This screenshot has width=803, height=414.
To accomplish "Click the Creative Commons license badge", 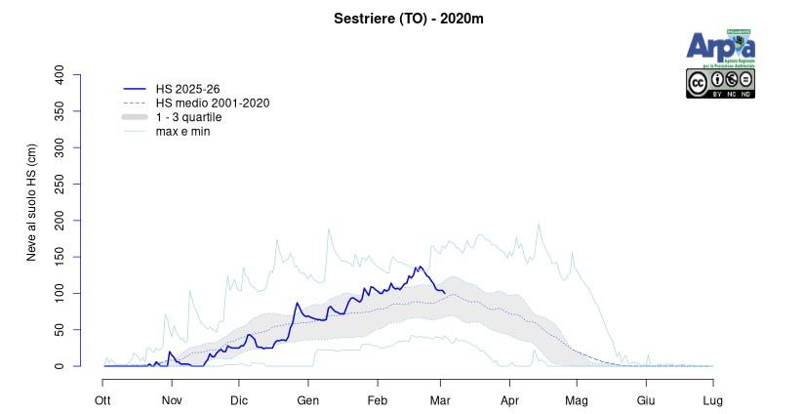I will [720, 84].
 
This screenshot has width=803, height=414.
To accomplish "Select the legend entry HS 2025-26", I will [187, 89].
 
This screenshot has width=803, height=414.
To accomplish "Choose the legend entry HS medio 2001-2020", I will [212, 103].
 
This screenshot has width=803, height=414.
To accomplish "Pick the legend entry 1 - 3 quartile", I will [188, 117].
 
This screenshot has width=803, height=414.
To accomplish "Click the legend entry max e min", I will [182, 131].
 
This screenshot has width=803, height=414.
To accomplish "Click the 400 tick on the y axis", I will [60, 74].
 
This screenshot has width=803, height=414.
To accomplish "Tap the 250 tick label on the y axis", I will [60, 185].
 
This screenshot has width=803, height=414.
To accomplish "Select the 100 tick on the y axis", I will [60, 294].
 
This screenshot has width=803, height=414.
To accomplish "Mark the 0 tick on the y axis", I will [60, 366].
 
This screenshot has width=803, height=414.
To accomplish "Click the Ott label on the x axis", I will [102, 400].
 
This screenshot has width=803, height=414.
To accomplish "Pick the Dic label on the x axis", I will [239, 400].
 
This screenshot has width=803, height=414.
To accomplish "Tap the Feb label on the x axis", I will [377, 400].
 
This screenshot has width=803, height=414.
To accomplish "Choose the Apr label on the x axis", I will [508, 400].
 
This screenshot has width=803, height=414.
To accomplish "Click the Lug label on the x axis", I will [713, 400].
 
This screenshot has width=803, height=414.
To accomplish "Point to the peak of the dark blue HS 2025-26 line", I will [418, 266].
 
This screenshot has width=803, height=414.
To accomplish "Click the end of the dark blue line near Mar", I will [445, 292].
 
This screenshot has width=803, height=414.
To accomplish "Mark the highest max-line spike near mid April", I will [539, 224].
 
